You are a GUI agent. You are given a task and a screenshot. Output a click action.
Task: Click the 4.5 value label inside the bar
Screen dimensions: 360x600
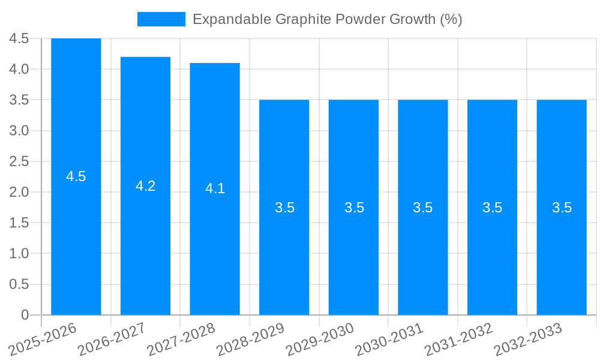tap(76, 176)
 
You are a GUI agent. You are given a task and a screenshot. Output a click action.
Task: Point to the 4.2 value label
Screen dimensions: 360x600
tap(145, 186)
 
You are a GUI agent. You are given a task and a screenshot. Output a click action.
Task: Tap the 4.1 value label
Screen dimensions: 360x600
tap(215, 188)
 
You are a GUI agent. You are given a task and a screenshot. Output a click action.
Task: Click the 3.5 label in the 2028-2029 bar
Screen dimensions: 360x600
tap(284, 208)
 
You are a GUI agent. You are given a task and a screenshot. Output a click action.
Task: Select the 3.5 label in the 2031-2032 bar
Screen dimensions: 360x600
tap(493, 208)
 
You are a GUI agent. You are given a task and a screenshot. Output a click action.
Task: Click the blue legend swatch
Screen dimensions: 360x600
tap(161, 19)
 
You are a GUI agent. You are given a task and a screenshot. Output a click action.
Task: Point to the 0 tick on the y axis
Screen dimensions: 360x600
tap(25, 314)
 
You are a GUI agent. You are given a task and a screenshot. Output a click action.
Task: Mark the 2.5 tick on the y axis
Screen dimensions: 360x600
tap(19, 161)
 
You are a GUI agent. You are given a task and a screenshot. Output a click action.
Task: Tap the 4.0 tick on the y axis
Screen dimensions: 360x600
tap(19, 69)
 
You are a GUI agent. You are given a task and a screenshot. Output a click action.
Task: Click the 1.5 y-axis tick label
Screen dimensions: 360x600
tap(19, 223)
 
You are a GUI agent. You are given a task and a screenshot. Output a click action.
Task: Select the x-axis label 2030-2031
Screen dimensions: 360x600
tap(389, 339)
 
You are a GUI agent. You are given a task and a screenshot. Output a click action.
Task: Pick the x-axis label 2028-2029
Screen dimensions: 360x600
tap(251, 339)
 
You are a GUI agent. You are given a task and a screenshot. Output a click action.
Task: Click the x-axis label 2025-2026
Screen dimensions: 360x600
tap(43, 339)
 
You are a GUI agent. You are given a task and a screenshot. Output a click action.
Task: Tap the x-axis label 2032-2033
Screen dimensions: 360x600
tap(528, 339)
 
